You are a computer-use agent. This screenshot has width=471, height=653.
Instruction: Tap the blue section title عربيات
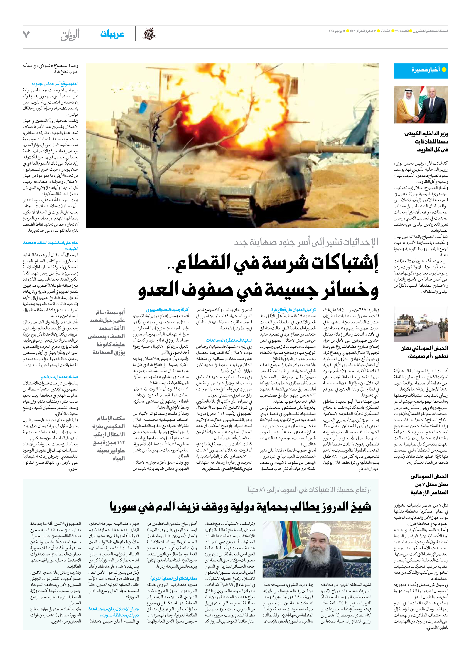tap(112, 34)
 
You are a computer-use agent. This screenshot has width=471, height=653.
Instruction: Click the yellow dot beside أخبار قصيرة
tap(444, 70)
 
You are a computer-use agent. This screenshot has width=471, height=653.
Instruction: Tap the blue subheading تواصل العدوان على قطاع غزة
tap(293, 310)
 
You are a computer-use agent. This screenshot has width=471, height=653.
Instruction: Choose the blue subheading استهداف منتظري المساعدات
tap(229, 340)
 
